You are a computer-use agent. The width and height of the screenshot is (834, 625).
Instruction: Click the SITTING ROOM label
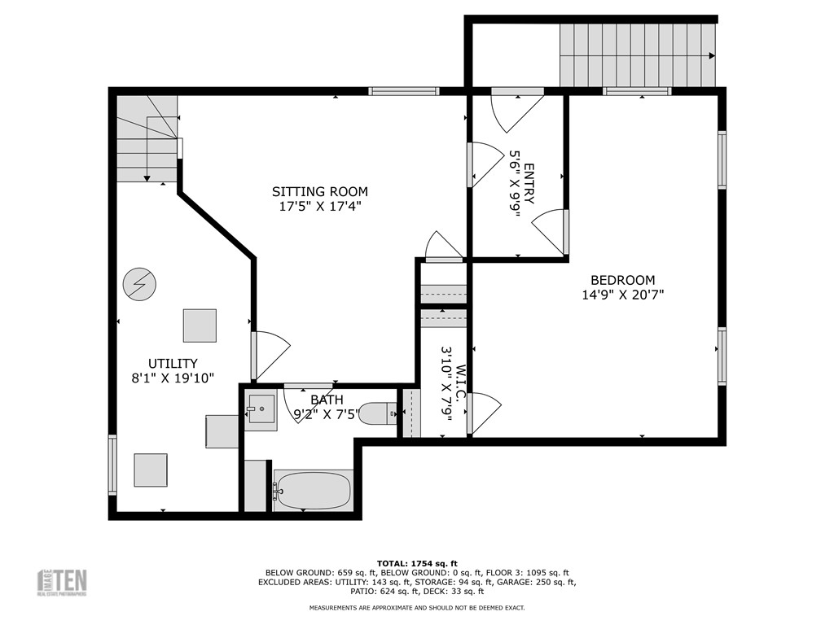(x=319, y=191)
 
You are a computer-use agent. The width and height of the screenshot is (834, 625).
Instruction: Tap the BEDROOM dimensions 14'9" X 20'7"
(x=622, y=295)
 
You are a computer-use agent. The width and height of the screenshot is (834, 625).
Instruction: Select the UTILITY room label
(x=172, y=363)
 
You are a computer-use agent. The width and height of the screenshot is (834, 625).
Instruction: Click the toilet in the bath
(x=379, y=413)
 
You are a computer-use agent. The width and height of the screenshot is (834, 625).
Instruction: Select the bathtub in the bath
(x=313, y=490)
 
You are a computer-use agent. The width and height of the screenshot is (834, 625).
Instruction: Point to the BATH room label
(x=327, y=400)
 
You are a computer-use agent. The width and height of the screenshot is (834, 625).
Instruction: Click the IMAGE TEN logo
(x=62, y=583)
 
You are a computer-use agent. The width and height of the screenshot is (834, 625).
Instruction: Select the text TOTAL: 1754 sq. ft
(x=417, y=563)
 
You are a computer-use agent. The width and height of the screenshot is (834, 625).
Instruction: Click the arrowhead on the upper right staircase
(x=712, y=55)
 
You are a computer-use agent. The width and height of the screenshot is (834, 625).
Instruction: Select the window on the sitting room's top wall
(x=404, y=91)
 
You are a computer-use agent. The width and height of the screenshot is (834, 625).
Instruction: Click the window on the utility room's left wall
(x=112, y=465)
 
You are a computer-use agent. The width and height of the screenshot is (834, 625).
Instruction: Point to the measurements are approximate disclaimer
(x=416, y=608)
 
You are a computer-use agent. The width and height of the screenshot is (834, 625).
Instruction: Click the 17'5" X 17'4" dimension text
(x=319, y=207)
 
